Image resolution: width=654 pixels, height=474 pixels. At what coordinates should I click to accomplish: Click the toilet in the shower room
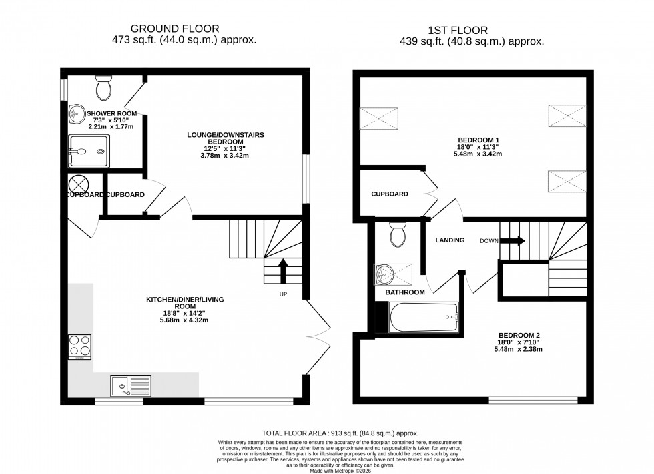[103, 86]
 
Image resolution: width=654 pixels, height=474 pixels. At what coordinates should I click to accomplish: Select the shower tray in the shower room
[87, 151]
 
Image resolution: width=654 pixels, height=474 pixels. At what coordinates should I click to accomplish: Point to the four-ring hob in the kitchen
[80, 346]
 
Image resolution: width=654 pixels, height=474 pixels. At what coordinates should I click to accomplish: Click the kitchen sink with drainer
[131, 385]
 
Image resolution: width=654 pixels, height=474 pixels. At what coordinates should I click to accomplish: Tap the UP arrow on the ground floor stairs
[283, 270]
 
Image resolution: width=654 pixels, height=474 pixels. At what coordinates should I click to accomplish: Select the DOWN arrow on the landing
[511, 240]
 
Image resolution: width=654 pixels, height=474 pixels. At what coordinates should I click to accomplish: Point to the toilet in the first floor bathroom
[398, 234]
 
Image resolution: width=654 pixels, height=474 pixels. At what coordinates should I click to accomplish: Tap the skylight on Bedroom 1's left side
[379, 118]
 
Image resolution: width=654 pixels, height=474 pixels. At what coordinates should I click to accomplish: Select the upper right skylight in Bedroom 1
[567, 116]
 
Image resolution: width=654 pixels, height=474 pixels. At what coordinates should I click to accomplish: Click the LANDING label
[450, 240]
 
